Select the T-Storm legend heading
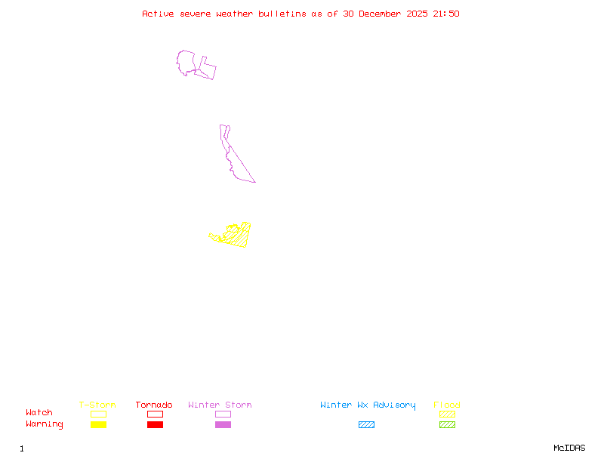coord(97,405)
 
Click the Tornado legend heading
coord(154,405)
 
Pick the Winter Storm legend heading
coord(220,405)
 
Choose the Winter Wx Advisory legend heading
coord(368,405)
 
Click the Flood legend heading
coord(447,405)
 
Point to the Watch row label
coord(39,413)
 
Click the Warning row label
coord(45,424)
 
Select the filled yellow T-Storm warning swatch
coord(98,424)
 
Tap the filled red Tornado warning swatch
coord(155,424)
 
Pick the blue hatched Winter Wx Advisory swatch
coord(366,424)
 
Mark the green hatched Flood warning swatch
coord(447,424)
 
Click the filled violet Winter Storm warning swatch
coord(223,424)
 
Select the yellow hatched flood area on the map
coord(239,236)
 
